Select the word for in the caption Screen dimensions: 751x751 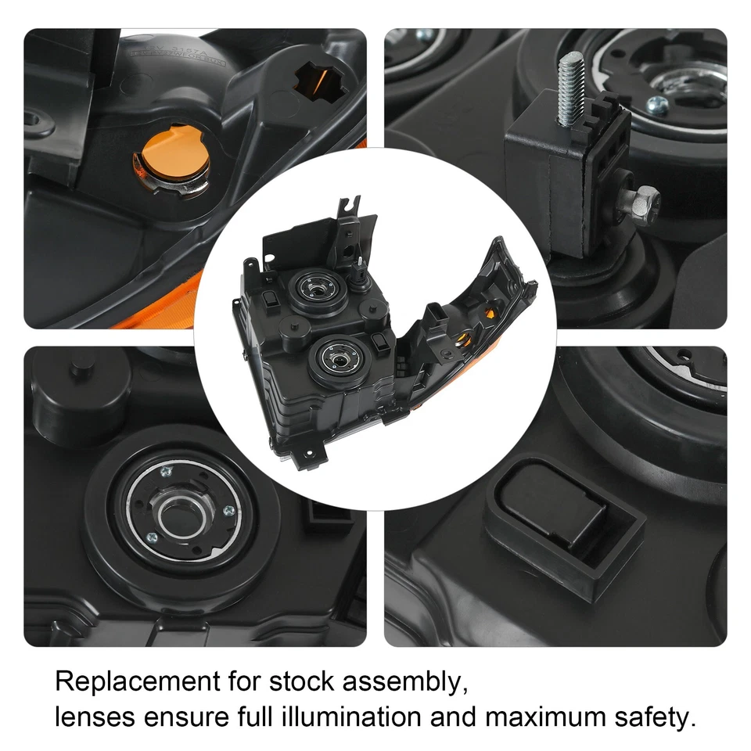tap(243, 681)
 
